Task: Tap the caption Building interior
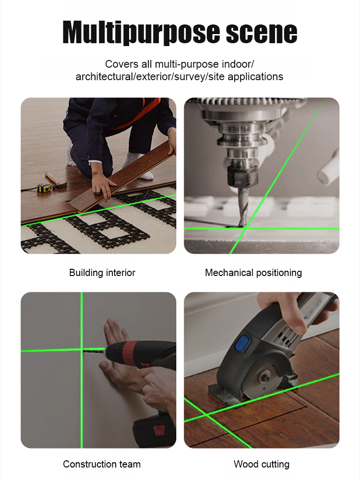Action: click(102, 273)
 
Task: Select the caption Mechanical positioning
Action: click(253, 273)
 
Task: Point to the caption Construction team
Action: click(102, 464)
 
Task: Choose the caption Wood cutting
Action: click(262, 464)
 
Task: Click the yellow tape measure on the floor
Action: click(45, 188)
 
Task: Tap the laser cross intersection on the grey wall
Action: click(82, 349)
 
